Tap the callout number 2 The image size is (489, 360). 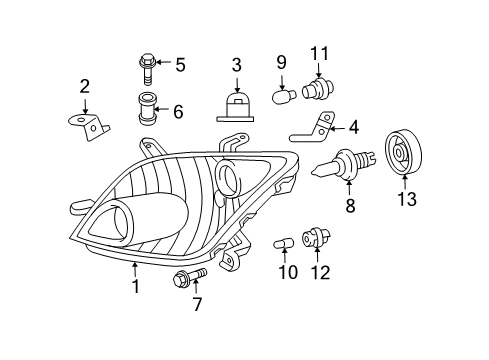[85, 86]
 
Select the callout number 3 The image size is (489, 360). [236, 65]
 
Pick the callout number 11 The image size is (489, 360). [319, 52]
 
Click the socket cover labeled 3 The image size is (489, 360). [236, 103]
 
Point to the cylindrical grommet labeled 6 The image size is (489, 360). [148, 106]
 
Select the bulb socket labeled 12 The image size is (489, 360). [320, 240]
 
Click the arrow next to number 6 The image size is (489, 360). [165, 112]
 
